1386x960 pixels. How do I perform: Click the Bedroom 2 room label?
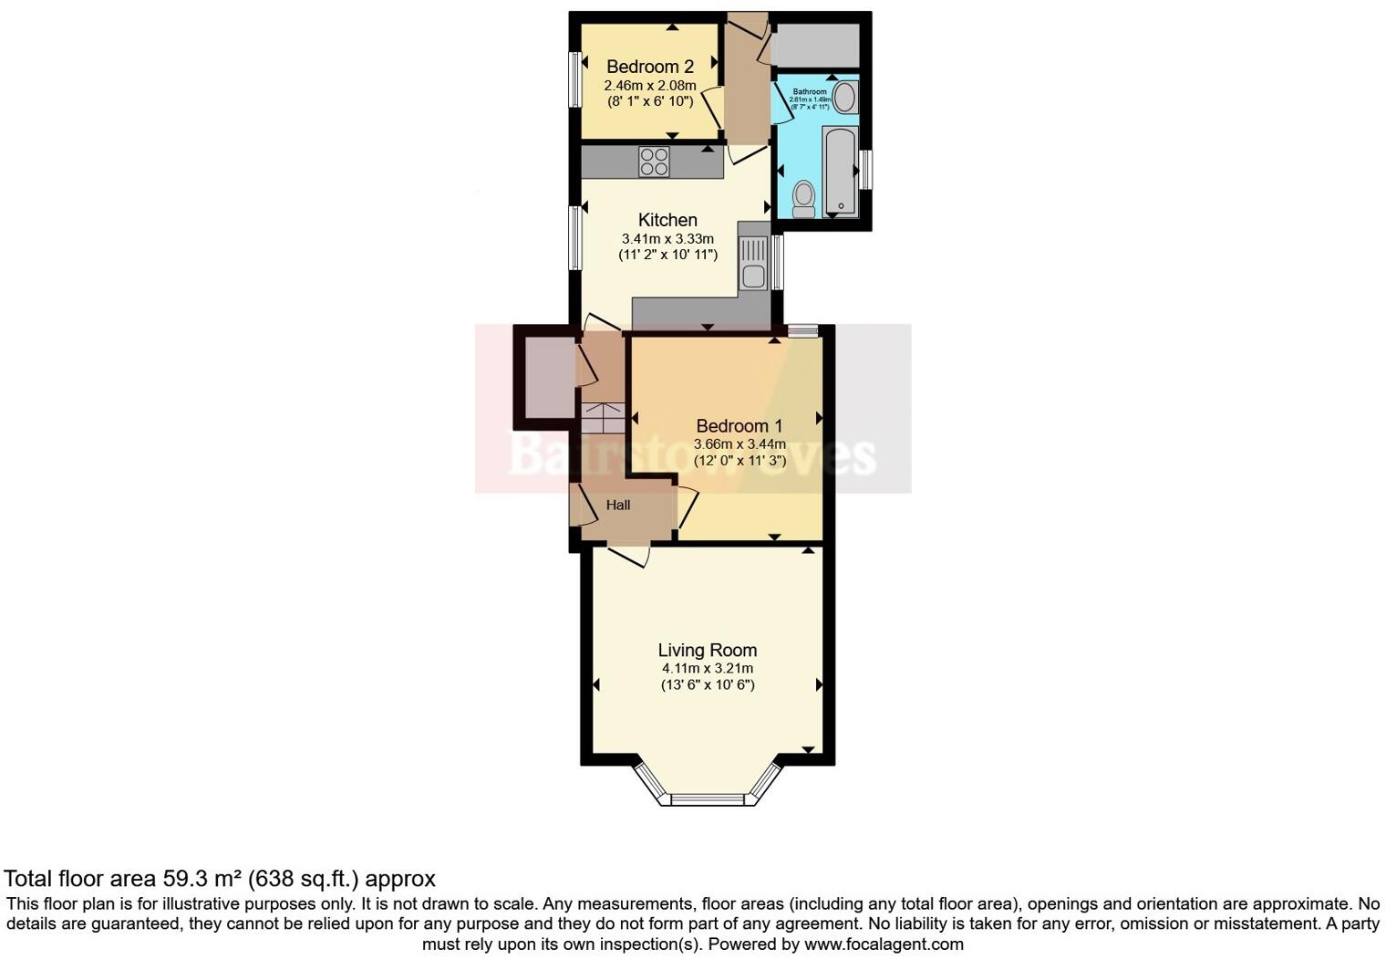(649, 67)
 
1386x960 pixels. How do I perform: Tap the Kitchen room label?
(667, 220)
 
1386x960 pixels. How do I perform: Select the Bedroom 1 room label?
(739, 426)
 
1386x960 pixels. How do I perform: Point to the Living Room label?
(708, 651)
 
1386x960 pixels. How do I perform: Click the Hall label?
(618, 505)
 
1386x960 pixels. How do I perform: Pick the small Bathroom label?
(809, 92)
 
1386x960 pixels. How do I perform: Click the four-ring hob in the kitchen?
(654, 162)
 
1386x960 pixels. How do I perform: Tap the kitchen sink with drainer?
(754, 262)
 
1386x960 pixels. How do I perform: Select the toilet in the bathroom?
(803, 198)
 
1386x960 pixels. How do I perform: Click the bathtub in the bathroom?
(840, 172)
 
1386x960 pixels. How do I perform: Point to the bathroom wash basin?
(845, 98)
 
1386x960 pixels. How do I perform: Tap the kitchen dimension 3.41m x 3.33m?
(667, 239)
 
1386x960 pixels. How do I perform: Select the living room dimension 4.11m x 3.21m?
(708, 668)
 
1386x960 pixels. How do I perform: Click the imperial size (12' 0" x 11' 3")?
(740, 461)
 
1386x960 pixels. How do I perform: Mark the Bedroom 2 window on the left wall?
(575, 79)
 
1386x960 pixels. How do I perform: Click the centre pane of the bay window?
(708, 800)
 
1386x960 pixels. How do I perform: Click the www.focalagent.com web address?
(884, 944)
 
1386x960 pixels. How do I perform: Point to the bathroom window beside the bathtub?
(867, 170)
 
